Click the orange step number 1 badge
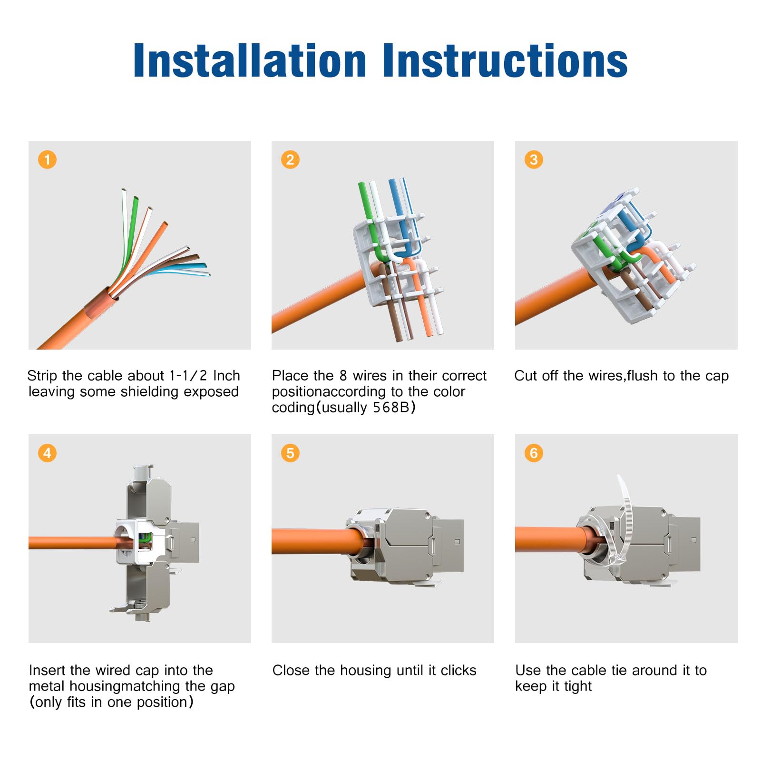pyautogui.click(x=47, y=159)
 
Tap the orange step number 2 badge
pyautogui.click(x=290, y=159)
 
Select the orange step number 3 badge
pyautogui.click(x=534, y=159)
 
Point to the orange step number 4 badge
pyautogui.click(x=47, y=453)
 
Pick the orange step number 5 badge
pyautogui.click(x=290, y=453)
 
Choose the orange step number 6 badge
pyautogui.click(x=534, y=453)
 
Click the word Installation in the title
pyautogui.click(x=250, y=60)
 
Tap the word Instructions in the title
pyautogui.click(x=505, y=60)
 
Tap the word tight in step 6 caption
pyautogui.click(x=578, y=686)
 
